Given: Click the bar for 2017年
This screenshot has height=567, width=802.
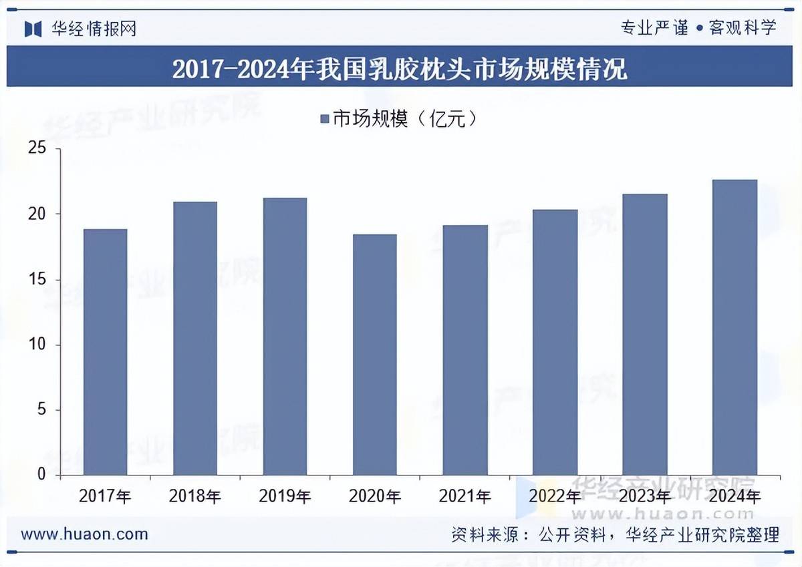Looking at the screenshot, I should click(x=105, y=352).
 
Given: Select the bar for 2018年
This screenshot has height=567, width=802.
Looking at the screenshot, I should click(x=195, y=339).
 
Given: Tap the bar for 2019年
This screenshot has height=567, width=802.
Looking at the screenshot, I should click(x=285, y=337).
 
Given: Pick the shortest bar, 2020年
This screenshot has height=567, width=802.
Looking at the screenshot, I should click(x=374, y=355).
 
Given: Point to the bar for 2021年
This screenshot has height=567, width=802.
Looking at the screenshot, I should click(x=464, y=350).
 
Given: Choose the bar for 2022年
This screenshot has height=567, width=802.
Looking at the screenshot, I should click(x=555, y=343).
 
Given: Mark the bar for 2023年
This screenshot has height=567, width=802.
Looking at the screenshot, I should click(x=644, y=335).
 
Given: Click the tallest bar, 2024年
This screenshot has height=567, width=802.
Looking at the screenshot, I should click(x=734, y=327).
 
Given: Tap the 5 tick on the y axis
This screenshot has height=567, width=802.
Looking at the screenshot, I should click(x=41, y=409).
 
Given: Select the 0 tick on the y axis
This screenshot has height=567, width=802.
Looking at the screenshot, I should click(x=41, y=474).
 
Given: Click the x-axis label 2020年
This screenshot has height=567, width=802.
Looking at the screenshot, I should click(x=375, y=496).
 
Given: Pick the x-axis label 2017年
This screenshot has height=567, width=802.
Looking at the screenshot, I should click(x=105, y=496).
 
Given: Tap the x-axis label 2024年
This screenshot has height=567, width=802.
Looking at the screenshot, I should click(x=734, y=496).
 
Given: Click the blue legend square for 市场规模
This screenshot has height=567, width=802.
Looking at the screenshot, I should click(x=325, y=120).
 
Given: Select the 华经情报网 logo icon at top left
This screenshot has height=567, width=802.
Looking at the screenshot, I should click(x=33, y=29).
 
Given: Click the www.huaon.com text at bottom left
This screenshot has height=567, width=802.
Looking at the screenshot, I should click(x=84, y=534).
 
